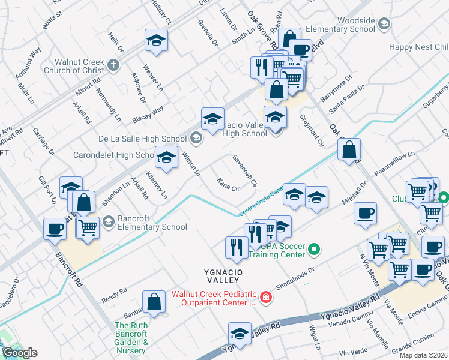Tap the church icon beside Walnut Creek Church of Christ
(112, 65)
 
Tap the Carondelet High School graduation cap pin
(166, 158)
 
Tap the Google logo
(20, 353)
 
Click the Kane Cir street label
(228, 184)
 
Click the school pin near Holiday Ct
(156, 40)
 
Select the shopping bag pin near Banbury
(154, 302)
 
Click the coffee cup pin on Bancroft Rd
(55, 228)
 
